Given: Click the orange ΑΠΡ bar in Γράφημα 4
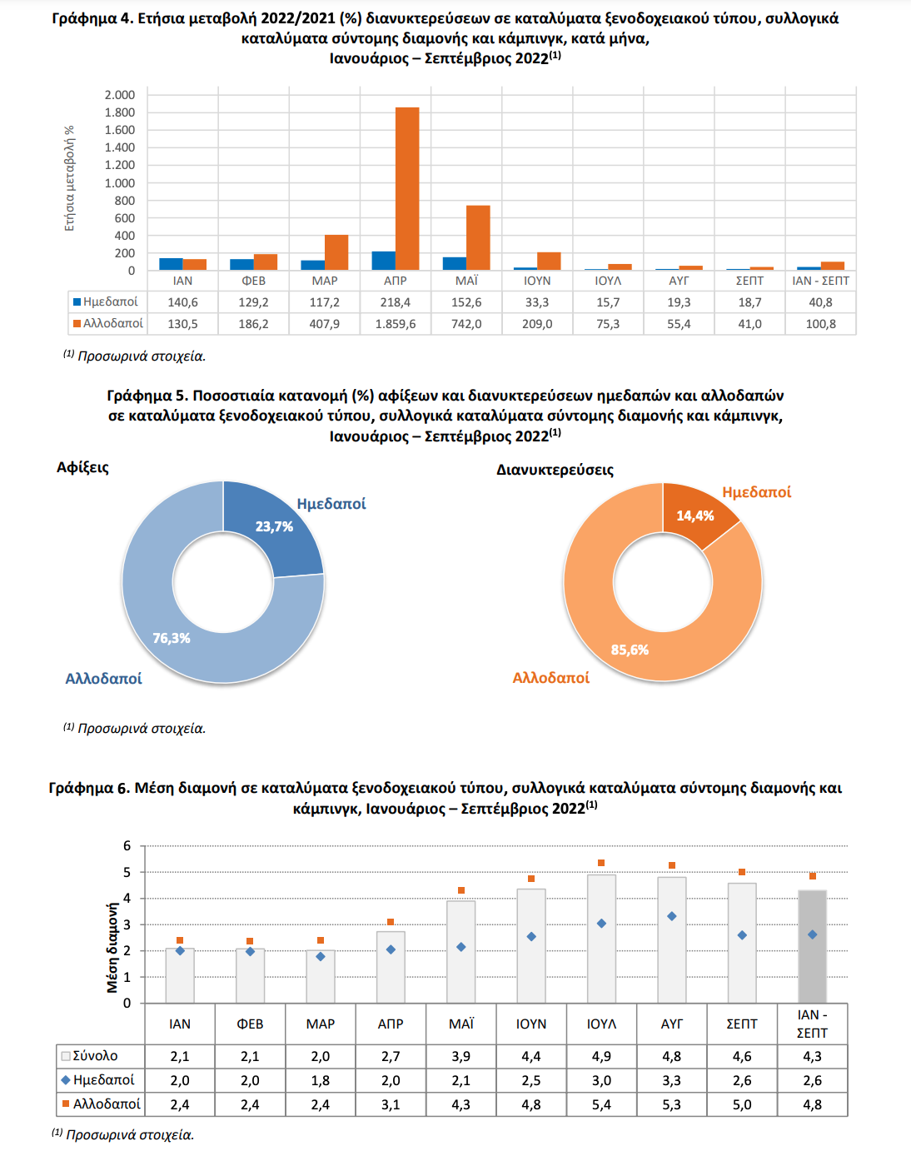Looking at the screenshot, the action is pos(407,188).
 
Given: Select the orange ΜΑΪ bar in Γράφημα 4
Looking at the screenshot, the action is pos(478,238).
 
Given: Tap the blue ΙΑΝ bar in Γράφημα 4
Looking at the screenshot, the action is pos(171,264).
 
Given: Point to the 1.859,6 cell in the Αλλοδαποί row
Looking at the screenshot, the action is pos(396,324).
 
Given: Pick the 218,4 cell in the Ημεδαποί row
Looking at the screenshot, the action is pos(396,302).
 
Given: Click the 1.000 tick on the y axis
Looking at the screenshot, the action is pos(120,182).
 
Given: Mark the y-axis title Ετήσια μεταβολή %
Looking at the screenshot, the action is pos(69,178).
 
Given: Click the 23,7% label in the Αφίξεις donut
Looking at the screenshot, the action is pos(274,526).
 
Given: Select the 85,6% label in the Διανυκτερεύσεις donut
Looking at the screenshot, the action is pos(630,650).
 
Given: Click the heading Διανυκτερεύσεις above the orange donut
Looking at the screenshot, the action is pos(555,470).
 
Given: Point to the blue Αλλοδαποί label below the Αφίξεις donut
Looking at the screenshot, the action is pos(103,679).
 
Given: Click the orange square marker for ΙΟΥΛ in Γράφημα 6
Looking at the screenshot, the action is pos(601,863).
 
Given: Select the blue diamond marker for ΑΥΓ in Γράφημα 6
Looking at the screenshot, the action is pos(672,916).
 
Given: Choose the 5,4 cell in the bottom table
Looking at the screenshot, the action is pos(601,1104).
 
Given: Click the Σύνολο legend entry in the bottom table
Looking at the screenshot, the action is pos(89,1055).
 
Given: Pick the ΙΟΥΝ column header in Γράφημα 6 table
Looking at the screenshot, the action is pos(531,1024).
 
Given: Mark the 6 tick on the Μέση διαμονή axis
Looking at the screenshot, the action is pos(127,845).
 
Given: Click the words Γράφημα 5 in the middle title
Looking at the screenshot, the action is pos(145,396).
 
